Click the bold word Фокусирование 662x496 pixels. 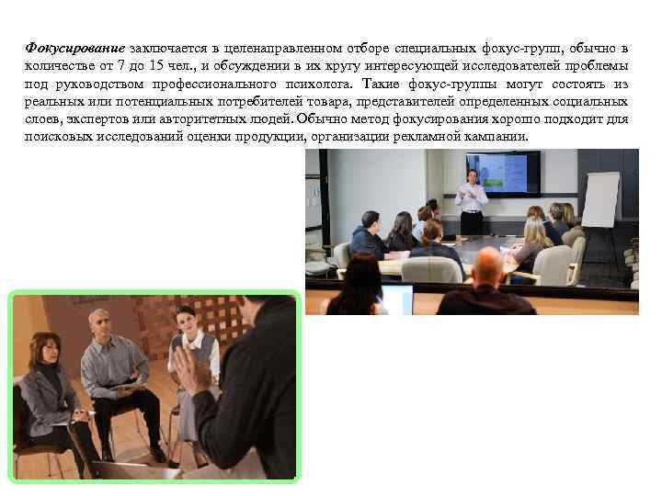coord(75,48)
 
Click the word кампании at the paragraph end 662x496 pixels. coord(498,137)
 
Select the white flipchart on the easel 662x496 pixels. coord(601,198)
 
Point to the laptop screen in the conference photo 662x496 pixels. coord(397,299)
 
